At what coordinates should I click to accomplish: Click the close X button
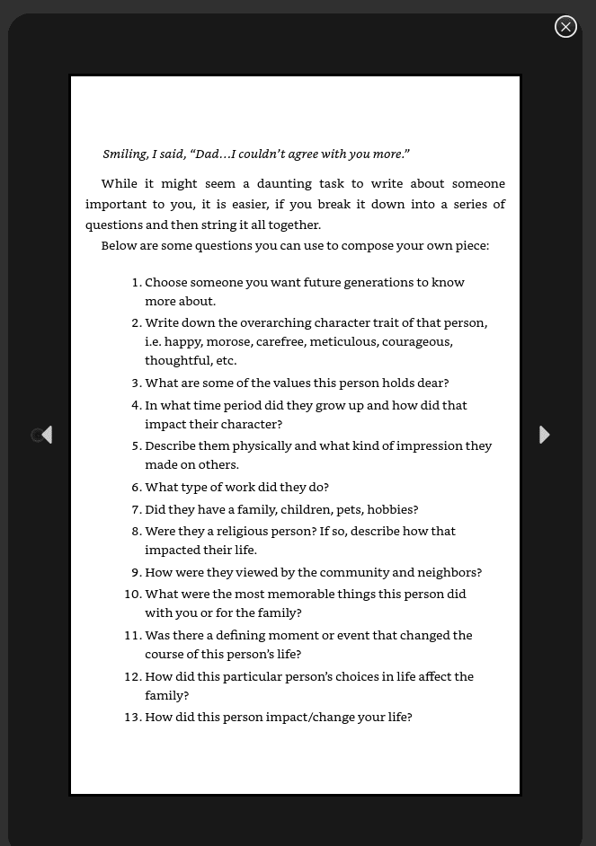pos(565,27)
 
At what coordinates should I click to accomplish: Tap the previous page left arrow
pos(47,435)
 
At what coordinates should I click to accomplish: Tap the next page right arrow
pos(544,435)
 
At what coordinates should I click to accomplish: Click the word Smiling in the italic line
pos(124,154)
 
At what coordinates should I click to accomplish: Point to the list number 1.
pos(136,282)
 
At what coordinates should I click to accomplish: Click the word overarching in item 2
pos(275,322)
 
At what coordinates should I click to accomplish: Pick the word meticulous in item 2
pos(342,341)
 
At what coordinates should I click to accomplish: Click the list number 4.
pos(136,405)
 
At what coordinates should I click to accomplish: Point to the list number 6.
pos(136,487)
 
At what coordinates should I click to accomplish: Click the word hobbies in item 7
pos(392,509)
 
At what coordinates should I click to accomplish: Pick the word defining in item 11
pos(240,635)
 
